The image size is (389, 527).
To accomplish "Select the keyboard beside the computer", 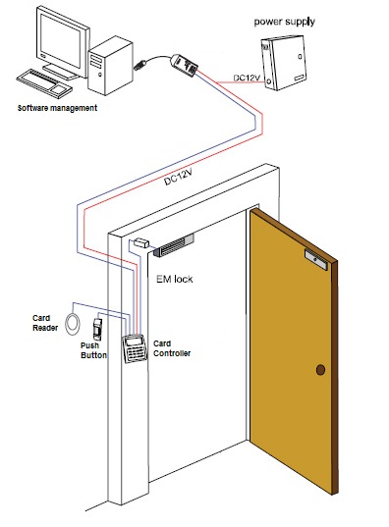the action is point(44,83).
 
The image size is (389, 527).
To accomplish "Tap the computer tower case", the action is point(110,65).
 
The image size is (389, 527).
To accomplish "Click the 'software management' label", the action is point(57,108).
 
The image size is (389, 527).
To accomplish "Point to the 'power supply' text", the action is point(284,22).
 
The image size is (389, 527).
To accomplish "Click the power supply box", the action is point(284,63).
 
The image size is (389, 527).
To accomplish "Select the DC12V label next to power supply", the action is point(247,78).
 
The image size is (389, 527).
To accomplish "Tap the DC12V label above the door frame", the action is point(179,177).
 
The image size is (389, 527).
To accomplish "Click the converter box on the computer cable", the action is point(184,65).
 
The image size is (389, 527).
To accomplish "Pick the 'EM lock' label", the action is point(174,279).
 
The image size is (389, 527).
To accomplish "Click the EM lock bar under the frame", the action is point(174,245).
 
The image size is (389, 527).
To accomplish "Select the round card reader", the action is point(73,324).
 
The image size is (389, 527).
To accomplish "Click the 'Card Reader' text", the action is point(45,323).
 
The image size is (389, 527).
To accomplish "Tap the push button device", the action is point(97,329).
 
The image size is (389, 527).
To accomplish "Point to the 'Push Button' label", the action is point(93,350).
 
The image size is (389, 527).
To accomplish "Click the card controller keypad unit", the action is point(136,348).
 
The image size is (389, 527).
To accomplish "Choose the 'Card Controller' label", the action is point(172,348).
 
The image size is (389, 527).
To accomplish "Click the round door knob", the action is point(320,370).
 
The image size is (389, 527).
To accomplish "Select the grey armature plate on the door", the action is point(316,259).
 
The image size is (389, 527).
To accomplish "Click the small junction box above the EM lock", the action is point(141,242).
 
